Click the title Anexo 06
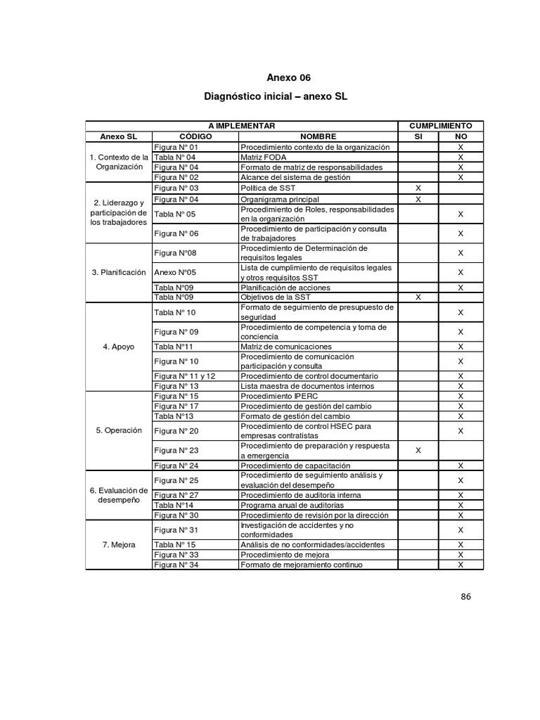(288, 77)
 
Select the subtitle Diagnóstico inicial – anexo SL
(276, 95)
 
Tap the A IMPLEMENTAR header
(240, 125)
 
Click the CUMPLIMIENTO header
(440, 125)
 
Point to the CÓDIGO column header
(195, 136)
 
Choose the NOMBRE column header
(318, 136)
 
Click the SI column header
(418, 136)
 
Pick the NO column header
(461, 136)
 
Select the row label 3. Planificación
(119, 272)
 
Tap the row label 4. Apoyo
(119, 347)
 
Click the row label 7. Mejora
(119, 545)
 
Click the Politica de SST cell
(268, 188)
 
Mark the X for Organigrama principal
(418, 199)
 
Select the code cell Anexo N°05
(175, 272)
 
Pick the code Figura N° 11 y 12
(185, 376)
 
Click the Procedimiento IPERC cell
(274, 397)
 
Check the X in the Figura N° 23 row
(418, 450)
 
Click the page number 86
(465, 597)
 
